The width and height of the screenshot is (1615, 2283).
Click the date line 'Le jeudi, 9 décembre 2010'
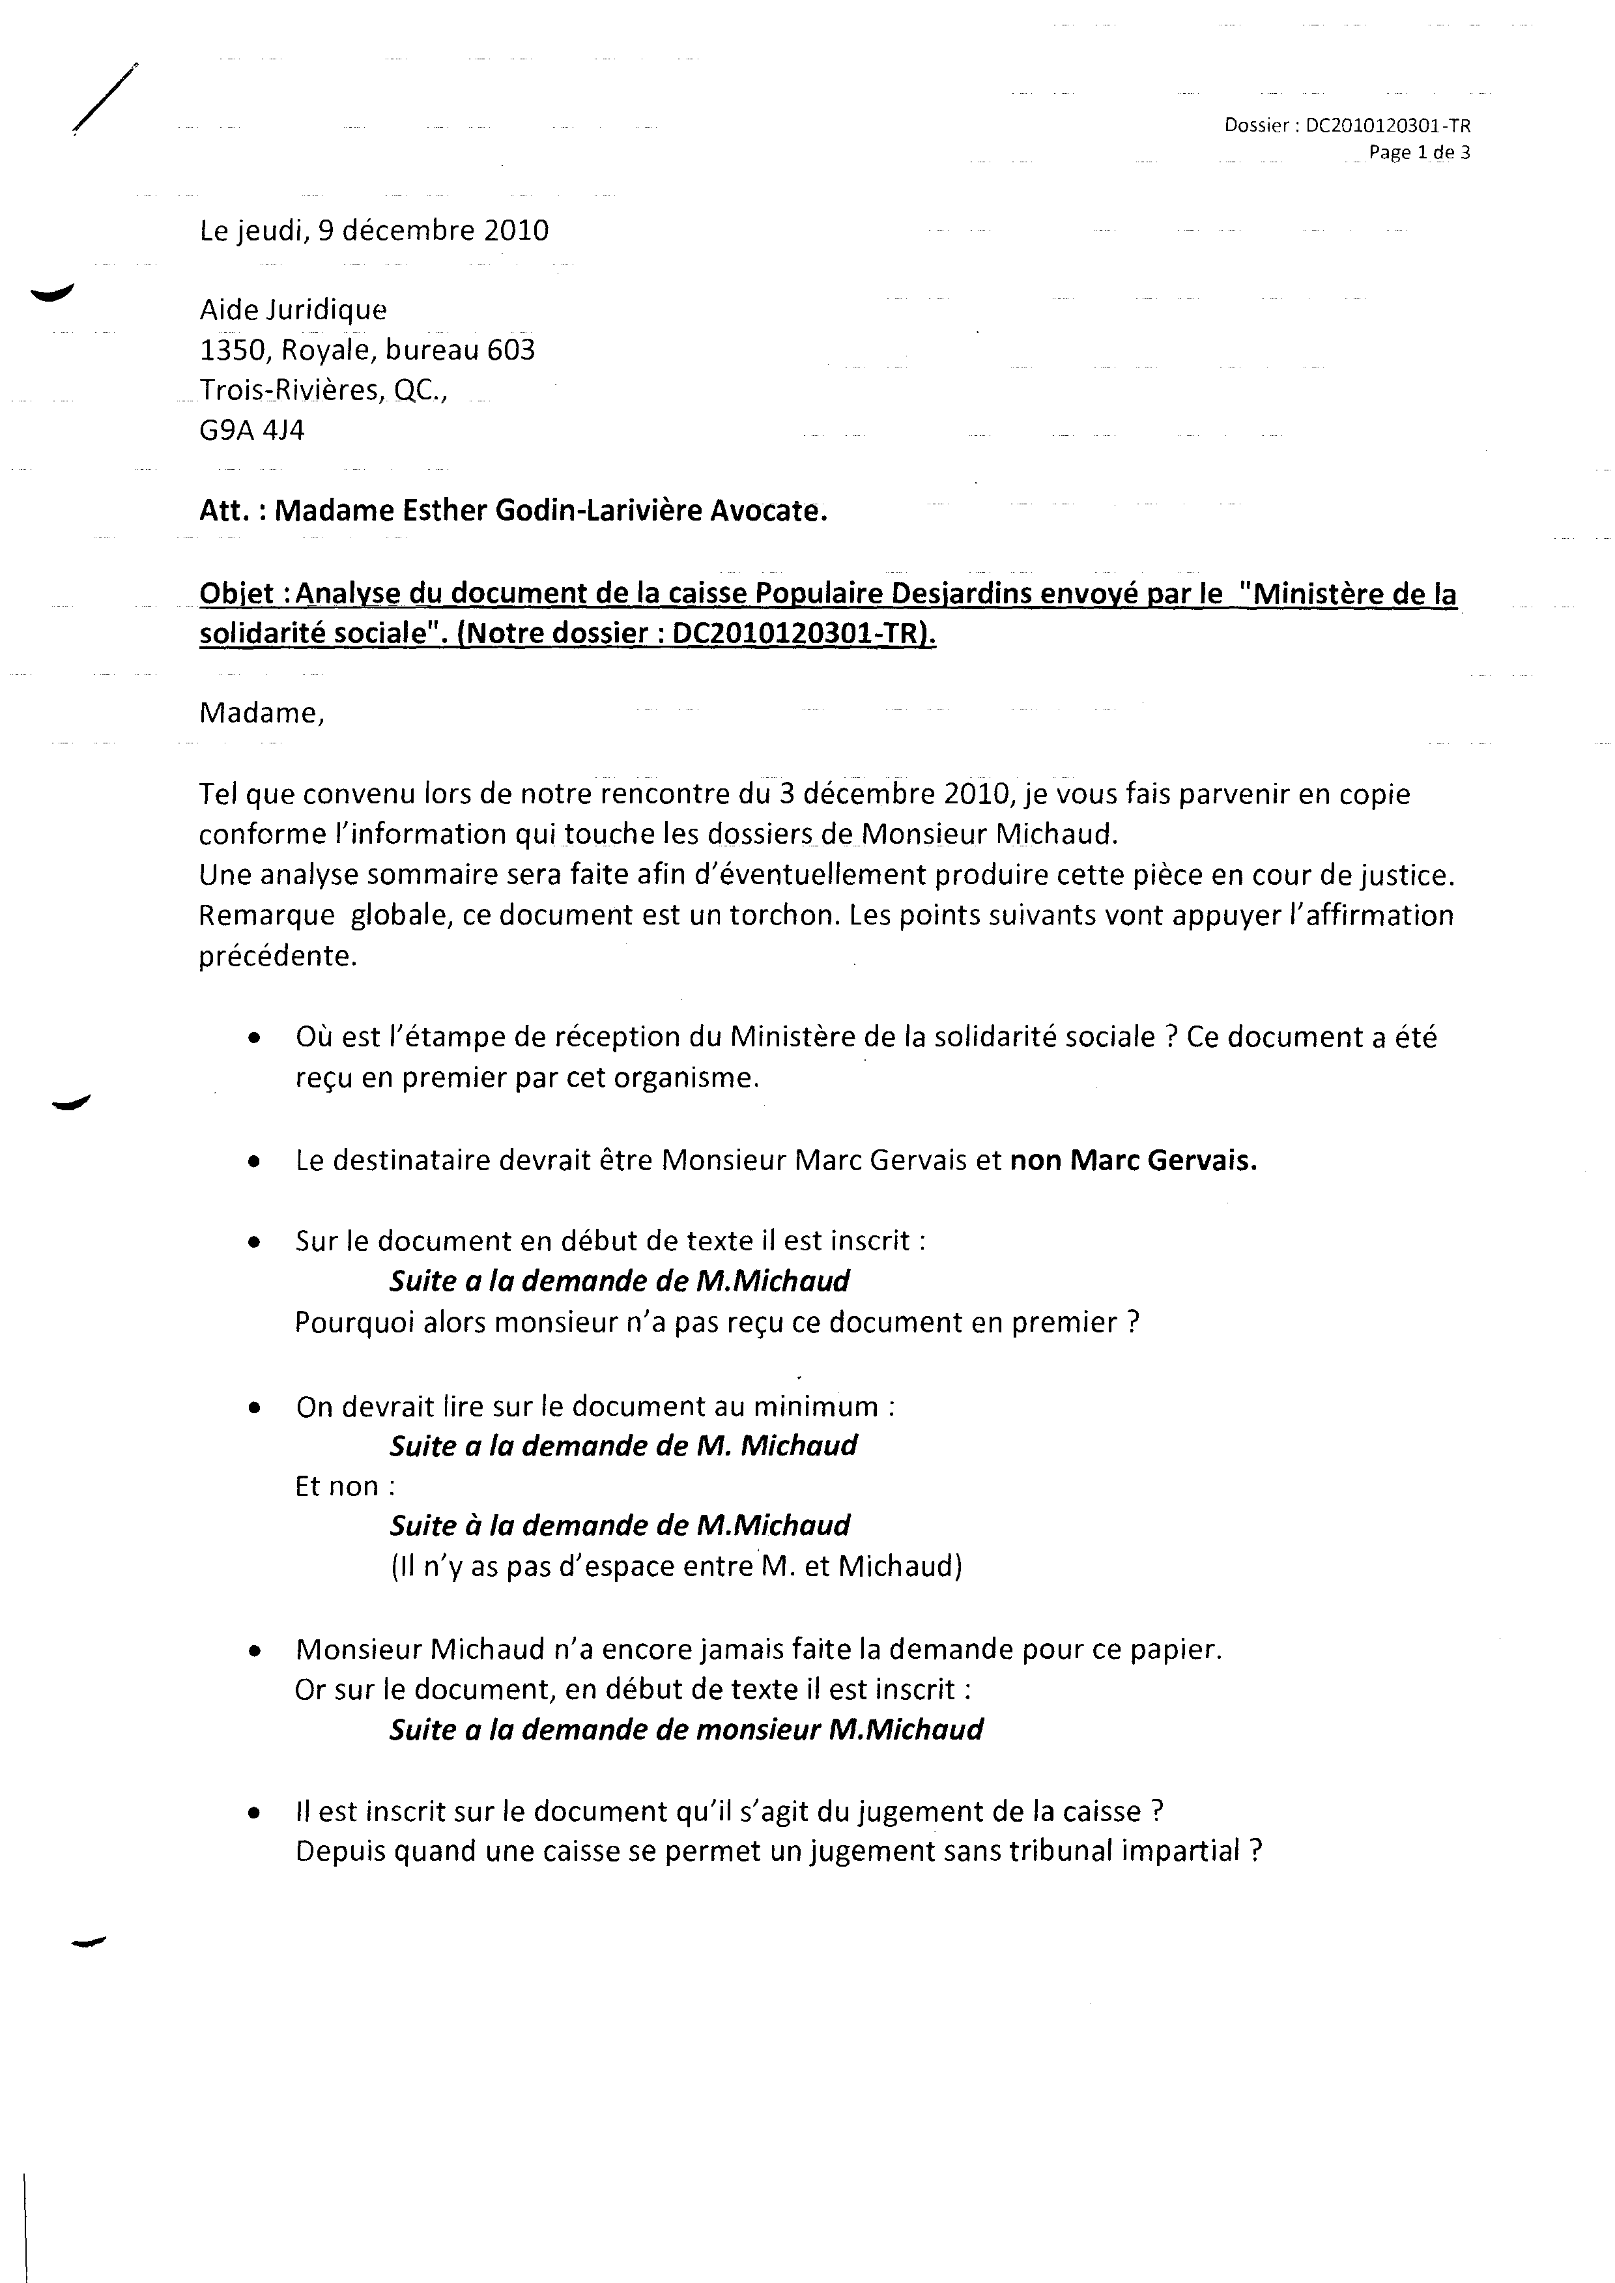click(374, 231)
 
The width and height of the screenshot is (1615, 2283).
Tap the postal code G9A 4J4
click(251, 431)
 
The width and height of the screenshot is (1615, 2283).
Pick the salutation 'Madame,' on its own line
click(261, 713)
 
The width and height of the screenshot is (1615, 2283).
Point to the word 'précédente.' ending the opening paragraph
click(278, 956)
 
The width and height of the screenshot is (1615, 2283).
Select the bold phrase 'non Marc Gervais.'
click(1133, 1160)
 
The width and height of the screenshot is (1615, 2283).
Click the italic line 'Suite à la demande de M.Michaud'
click(620, 1527)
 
